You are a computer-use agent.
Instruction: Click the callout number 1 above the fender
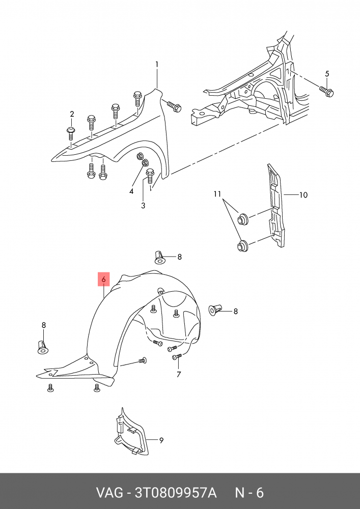(x=157, y=64)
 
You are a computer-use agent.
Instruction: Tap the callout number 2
(x=72, y=114)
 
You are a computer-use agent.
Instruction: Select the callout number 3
(x=143, y=205)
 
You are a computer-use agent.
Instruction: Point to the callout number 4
(x=131, y=191)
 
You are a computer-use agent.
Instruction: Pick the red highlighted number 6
(x=103, y=279)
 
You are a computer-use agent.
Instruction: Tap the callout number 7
(x=179, y=375)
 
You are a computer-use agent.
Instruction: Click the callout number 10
(x=303, y=194)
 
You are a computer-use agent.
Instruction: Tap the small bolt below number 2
(x=71, y=133)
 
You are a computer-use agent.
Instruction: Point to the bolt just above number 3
(x=150, y=176)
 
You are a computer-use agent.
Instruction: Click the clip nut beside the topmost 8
(x=160, y=257)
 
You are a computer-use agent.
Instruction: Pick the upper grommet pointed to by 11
(x=243, y=219)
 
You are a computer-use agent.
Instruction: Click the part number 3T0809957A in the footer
(x=175, y=493)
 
